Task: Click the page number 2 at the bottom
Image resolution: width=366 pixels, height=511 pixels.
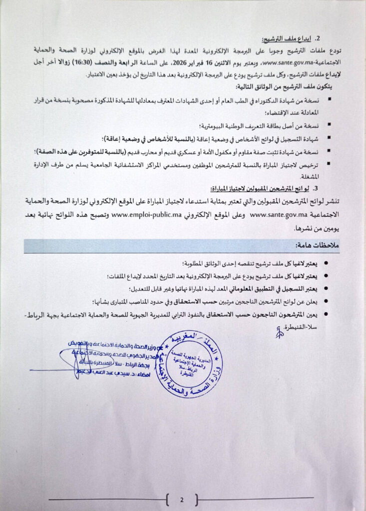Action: (x=182, y=500)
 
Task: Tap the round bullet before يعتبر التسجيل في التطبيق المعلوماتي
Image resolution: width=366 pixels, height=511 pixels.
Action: (x=327, y=288)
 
